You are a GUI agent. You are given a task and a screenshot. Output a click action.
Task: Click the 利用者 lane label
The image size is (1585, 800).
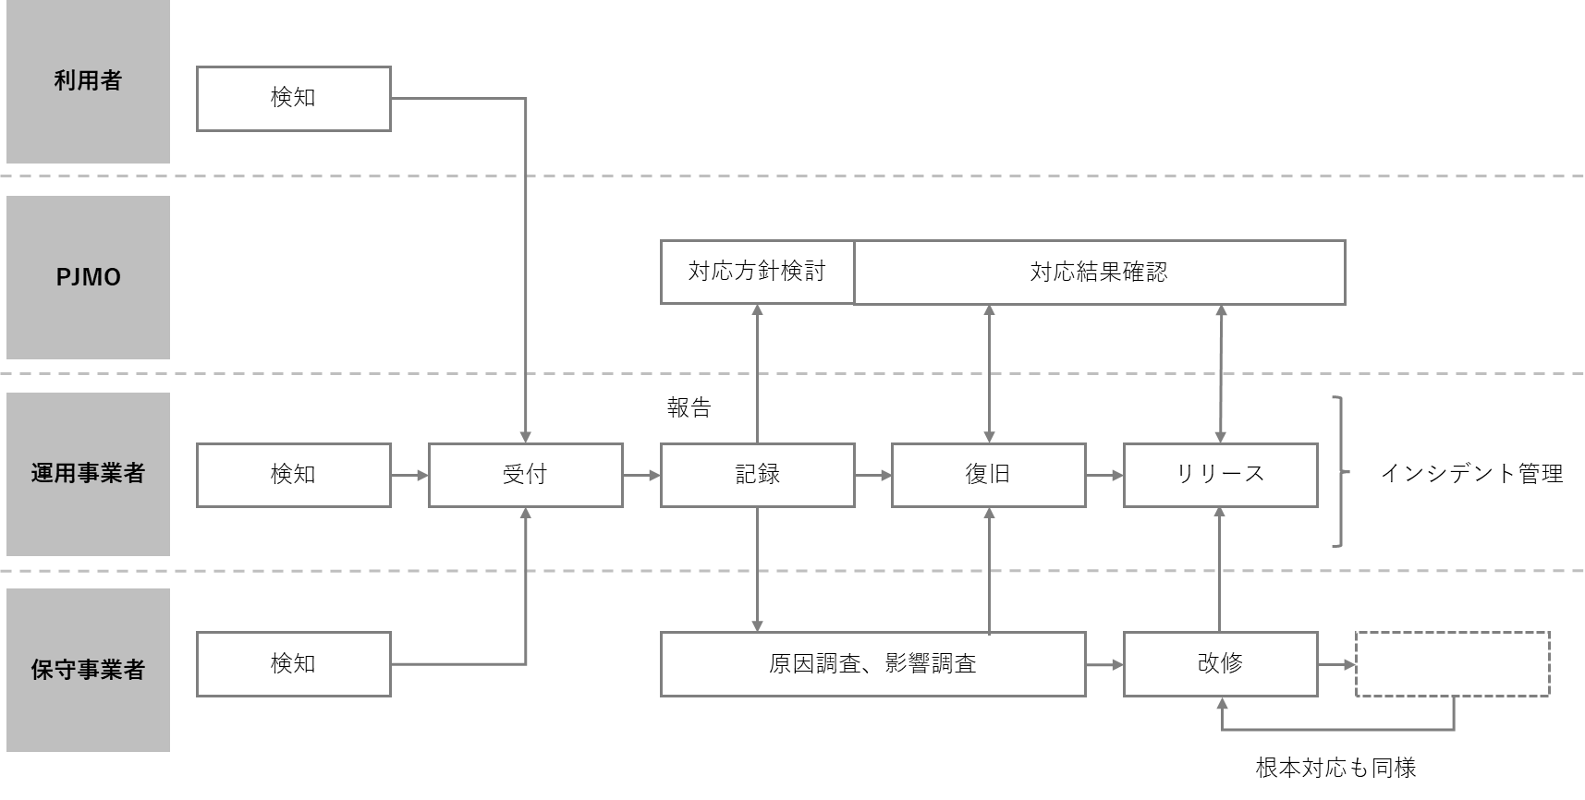[x=88, y=81]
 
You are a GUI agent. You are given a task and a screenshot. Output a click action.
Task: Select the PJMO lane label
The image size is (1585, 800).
[x=88, y=277]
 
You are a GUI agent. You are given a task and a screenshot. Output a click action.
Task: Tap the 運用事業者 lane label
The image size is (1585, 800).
[x=88, y=474]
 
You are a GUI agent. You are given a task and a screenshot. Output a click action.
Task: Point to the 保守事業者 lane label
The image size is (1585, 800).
[x=88, y=670]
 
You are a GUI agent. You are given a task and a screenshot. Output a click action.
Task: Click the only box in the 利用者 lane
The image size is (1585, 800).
[x=294, y=99]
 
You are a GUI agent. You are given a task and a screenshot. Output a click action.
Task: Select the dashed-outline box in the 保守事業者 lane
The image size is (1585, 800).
[x=1452, y=664]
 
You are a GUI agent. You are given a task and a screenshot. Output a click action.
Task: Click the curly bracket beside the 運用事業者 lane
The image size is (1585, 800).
[x=1339, y=472]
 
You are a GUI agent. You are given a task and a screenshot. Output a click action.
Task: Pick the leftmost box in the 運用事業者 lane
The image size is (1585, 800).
[x=294, y=475]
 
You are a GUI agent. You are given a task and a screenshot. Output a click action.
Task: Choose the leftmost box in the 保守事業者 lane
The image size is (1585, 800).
[x=294, y=664]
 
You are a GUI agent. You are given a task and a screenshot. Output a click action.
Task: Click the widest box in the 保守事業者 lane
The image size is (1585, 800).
[x=872, y=664]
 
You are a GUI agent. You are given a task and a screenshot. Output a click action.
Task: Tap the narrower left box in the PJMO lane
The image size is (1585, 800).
[x=757, y=273]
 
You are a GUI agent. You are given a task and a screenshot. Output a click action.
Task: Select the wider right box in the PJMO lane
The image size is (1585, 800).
[x=1099, y=273]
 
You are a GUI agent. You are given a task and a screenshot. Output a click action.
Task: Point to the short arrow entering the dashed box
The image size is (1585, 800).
[x=1336, y=664]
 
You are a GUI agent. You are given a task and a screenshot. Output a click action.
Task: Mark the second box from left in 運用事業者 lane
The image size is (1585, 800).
[x=525, y=475]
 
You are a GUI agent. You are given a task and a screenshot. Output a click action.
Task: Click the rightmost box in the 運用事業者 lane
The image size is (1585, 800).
[x=1220, y=475]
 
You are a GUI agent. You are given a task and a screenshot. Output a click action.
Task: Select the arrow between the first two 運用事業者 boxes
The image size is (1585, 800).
[x=409, y=475]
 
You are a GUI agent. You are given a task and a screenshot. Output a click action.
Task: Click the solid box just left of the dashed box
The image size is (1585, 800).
[x=1220, y=664]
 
